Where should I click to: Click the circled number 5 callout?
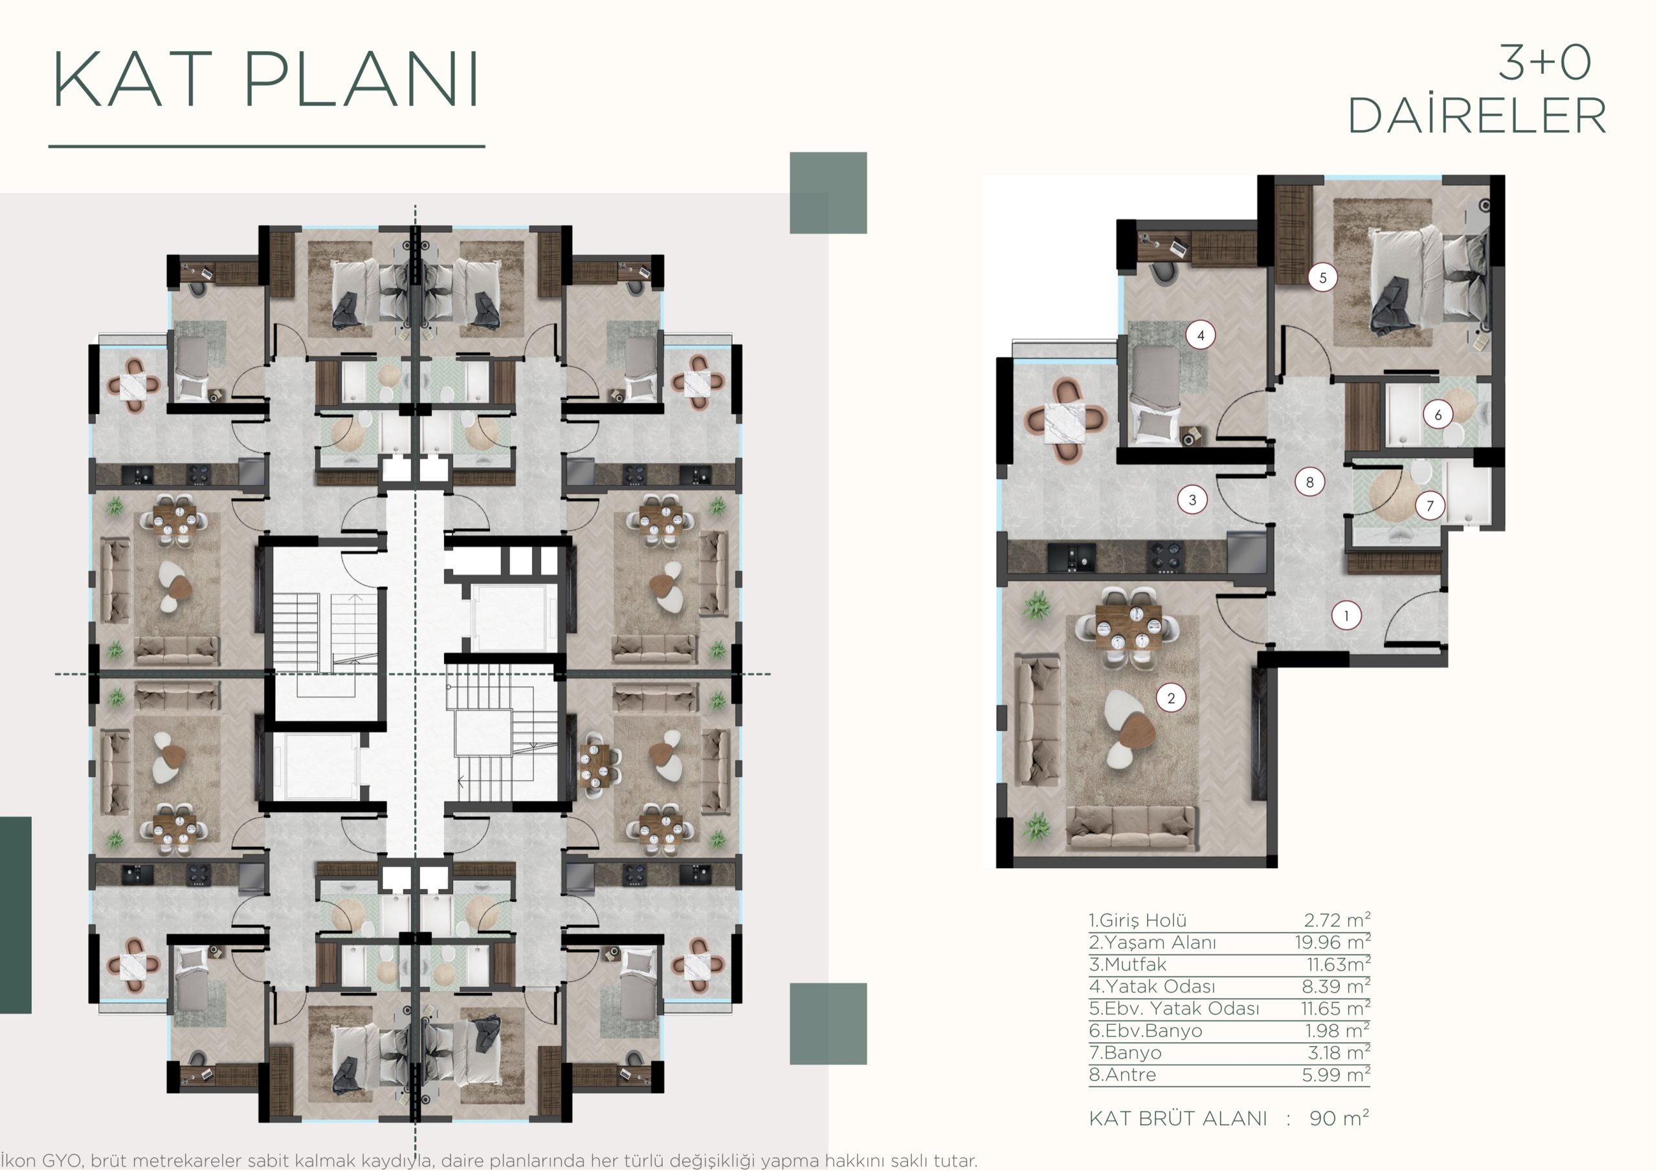click(1322, 277)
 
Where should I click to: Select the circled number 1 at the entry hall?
click(1346, 615)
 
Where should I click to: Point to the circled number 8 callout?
click(1310, 482)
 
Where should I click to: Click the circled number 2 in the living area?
click(1171, 697)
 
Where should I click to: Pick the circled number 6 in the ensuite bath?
click(1438, 415)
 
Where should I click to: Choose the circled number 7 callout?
click(1430, 506)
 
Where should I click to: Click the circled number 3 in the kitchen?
click(1192, 499)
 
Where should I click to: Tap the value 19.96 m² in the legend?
click(1332, 941)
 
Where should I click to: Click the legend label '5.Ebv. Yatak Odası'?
click(1174, 1008)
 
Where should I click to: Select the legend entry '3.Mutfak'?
click(1128, 964)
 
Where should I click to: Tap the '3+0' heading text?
click(1544, 63)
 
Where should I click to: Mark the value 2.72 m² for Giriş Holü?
click(1337, 920)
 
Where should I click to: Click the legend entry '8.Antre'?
click(1122, 1075)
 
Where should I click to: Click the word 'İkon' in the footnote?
click(18, 1161)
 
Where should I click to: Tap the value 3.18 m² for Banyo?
click(1339, 1053)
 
